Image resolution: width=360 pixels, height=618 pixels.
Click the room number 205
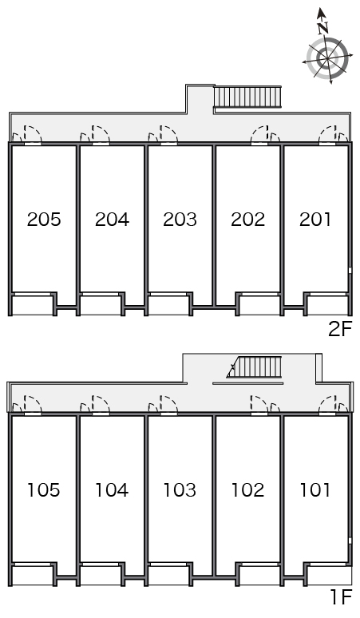[x=44, y=220]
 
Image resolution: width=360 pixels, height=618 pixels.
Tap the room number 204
[x=112, y=220]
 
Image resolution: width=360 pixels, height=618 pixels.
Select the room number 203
[x=180, y=220]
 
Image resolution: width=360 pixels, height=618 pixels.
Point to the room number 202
[x=247, y=220]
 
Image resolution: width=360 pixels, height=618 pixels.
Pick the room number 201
[x=315, y=220]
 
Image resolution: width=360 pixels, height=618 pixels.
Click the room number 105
[x=44, y=490]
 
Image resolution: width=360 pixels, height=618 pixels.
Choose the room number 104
[x=112, y=490]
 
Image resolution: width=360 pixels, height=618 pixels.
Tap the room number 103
[x=180, y=490]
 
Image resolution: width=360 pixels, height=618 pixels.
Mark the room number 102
[x=247, y=490]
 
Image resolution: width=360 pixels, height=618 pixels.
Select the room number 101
[x=315, y=490]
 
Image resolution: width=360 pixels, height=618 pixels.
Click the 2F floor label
[x=339, y=329]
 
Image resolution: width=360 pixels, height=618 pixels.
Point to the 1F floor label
[x=341, y=597]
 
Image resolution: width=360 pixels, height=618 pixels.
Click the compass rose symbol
[x=328, y=59]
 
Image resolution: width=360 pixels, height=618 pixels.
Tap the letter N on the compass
[x=323, y=27]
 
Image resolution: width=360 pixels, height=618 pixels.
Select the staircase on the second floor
[x=247, y=97]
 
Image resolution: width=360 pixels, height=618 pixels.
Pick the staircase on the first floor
[x=255, y=367]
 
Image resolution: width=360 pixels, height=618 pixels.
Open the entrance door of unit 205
[x=33, y=135]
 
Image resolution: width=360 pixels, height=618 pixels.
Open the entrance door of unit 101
[x=328, y=404]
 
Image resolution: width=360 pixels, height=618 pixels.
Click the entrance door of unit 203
[x=168, y=135]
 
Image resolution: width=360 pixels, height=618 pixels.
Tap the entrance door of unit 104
[x=101, y=406]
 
